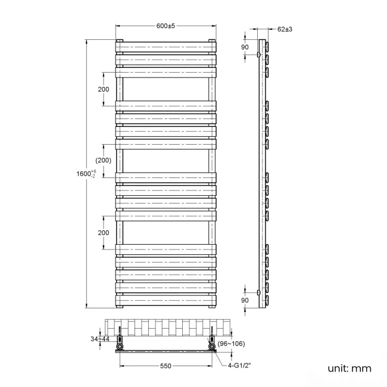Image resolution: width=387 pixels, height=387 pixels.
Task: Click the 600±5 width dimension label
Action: click(x=165, y=26)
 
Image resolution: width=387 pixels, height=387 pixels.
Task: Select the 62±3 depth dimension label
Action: click(x=285, y=29)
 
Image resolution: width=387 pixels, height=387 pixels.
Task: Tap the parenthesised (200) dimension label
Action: click(x=104, y=161)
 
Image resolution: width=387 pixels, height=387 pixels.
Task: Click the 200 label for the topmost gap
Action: click(x=104, y=89)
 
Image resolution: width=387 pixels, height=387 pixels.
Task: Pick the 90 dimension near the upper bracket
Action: click(x=245, y=47)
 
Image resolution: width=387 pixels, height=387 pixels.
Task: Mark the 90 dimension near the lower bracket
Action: click(x=245, y=301)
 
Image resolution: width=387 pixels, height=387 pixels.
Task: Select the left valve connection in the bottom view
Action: click(x=120, y=345)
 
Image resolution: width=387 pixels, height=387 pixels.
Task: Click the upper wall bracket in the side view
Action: click(x=258, y=55)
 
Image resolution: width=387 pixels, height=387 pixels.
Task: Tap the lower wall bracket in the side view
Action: click(x=258, y=292)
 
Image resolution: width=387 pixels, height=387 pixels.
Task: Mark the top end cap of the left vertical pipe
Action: click(x=120, y=41)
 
